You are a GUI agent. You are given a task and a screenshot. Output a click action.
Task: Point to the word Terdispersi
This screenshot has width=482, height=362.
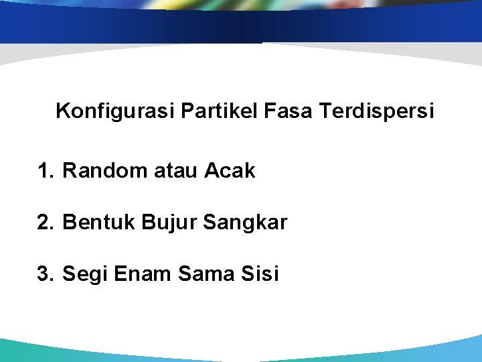point(376,111)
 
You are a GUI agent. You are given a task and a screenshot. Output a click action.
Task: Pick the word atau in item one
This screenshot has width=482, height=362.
point(176,172)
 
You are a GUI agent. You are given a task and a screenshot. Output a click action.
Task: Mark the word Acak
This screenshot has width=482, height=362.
point(230,171)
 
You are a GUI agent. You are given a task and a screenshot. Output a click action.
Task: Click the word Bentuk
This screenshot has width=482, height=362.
point(98,223)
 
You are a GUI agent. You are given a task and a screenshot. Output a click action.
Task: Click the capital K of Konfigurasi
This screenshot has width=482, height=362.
point(62,111)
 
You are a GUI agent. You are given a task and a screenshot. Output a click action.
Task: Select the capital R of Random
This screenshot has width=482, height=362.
point(69,171)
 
